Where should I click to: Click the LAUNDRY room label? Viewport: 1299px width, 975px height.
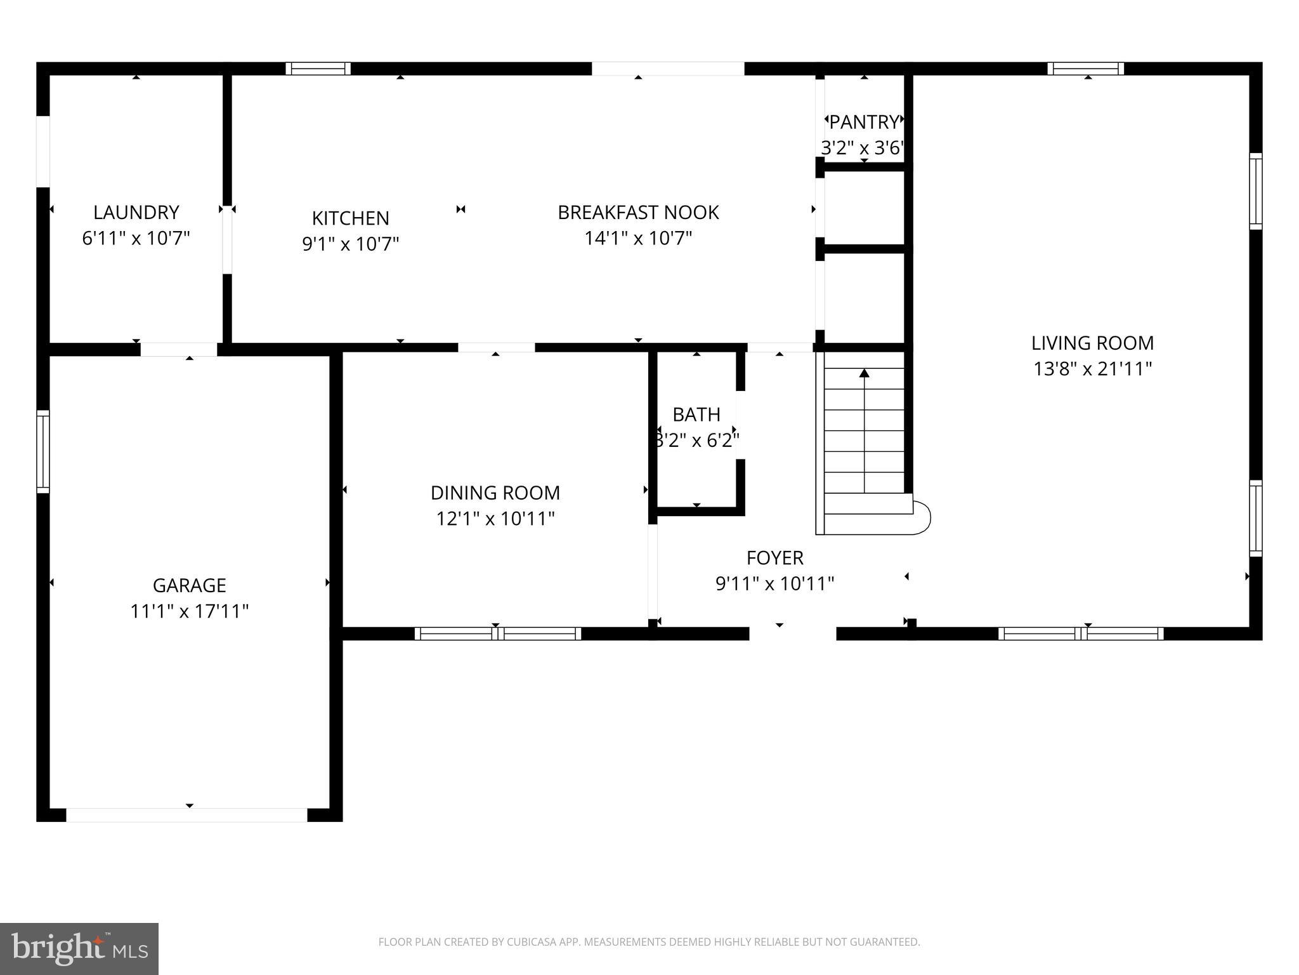click(136, 212)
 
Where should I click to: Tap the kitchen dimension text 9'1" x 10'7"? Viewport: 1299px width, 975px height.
click(350, 244)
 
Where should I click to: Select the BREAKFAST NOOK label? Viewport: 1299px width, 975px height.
click(638, 212)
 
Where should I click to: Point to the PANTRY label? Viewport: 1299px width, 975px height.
click(864, 121)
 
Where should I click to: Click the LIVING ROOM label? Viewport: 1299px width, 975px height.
click(1092, 343)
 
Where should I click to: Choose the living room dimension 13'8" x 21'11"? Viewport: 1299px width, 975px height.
click(1092, 369)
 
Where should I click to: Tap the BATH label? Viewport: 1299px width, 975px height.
click(696, 415)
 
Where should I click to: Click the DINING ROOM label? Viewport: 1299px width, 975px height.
click(495, 493)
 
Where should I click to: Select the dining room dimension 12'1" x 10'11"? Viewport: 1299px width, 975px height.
click(495, 519)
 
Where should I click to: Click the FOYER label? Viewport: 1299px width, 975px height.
click(774, 558)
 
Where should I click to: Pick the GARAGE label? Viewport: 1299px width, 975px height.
click(189, 585)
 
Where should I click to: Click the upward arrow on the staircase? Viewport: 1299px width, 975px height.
click(864, 375)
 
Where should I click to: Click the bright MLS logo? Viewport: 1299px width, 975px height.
click(79, 948)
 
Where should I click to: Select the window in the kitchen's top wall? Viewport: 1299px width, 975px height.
click(318, 69)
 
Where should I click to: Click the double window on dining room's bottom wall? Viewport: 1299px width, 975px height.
click(498, 633)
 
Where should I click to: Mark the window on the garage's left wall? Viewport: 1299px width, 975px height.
click(42, 451)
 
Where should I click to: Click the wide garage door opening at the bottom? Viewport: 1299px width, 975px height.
click(186, 815)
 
